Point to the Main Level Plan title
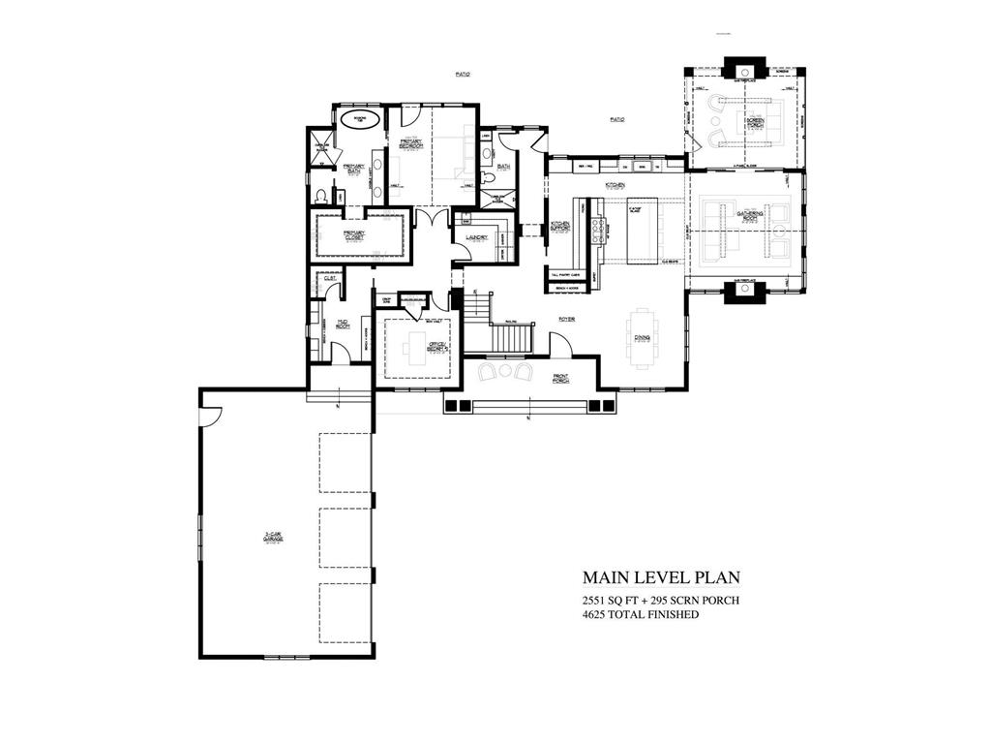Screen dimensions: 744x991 tap(661, 577)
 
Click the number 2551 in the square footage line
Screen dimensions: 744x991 tap(593, 601)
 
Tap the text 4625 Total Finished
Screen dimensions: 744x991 tap(640, 614)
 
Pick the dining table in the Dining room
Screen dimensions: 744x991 tap(643, 338)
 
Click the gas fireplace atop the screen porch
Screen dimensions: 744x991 tap(744, 71)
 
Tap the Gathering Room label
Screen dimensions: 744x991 tap(752, 214)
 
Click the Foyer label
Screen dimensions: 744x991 tap(567, 318)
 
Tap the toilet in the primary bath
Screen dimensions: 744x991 tap(321, 195)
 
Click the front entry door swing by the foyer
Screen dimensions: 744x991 tap(560, 345)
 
